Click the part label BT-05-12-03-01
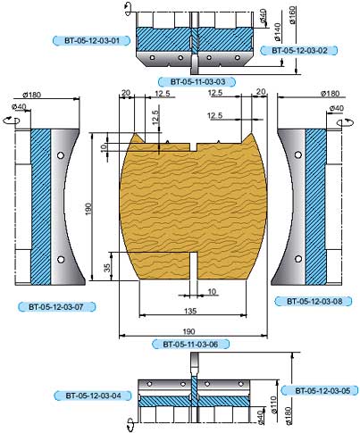[91, 40]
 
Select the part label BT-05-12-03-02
[299, 50]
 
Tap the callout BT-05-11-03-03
[197, 81]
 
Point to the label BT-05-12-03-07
[56, 306]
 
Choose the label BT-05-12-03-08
[314, 301]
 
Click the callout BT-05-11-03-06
[190, 345]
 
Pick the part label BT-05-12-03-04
[93, 396]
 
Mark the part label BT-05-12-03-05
[320, 390]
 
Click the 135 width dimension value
[190, 311]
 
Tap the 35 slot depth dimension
[107, 266]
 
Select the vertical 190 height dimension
[88, 209]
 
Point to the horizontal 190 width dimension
[188, 331]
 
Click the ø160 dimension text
[292, 15]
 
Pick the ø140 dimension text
[277, 32]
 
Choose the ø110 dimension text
[274, 404]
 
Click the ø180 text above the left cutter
[32, 95]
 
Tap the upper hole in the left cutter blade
[61, 155]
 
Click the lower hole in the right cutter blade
[298, 259]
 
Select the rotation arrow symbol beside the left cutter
[12, 121]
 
